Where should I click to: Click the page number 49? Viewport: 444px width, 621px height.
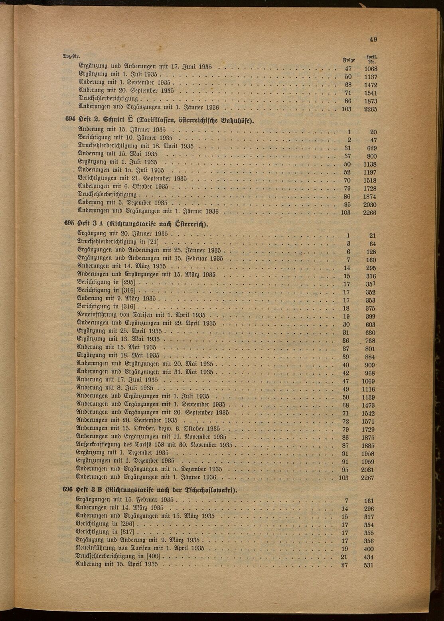[x=373, y=39]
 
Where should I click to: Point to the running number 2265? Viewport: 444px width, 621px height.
[x=370, y=109]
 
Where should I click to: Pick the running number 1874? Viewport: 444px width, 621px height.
[x=370, y=197]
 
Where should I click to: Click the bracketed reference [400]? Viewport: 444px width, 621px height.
[x=153, y=556]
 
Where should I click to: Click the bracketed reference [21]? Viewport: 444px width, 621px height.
[x=153, y=242]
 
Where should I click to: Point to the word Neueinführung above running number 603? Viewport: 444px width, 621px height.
[x=99, y=315]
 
